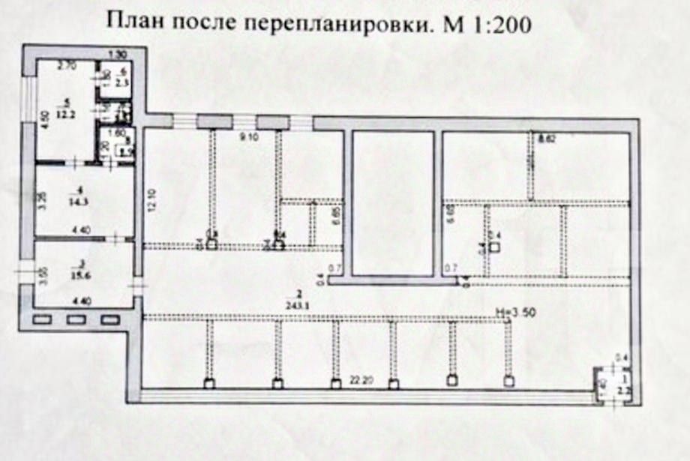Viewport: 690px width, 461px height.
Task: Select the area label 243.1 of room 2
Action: (x=300, y=304)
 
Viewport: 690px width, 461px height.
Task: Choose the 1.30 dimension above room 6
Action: (x=117, y=54)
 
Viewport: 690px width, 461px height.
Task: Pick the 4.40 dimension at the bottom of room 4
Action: (x=80, y=232)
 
